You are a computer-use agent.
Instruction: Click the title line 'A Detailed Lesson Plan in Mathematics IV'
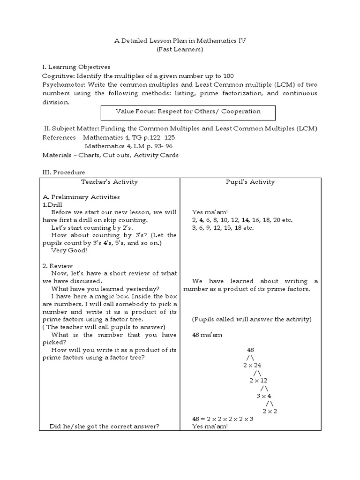pyautogui.click(x=180, y=41)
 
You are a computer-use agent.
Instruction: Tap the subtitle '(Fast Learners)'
pyautogui.click(x=180, y=50)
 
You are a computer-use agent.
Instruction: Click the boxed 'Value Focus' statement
pyautogui.click(x=188, y=112)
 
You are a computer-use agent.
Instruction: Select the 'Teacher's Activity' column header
pyautogui.click(x=110, y=182)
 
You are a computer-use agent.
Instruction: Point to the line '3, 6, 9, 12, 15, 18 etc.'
pyautogui.click(x=223, y=228)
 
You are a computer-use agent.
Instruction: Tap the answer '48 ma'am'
pyautogui.click(x=208, y=335)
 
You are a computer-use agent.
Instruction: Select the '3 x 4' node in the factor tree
pyautogui.click(x=263, y=396)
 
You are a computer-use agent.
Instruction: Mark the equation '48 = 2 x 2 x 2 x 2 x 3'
pyautogui.click(x=223, y=419)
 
